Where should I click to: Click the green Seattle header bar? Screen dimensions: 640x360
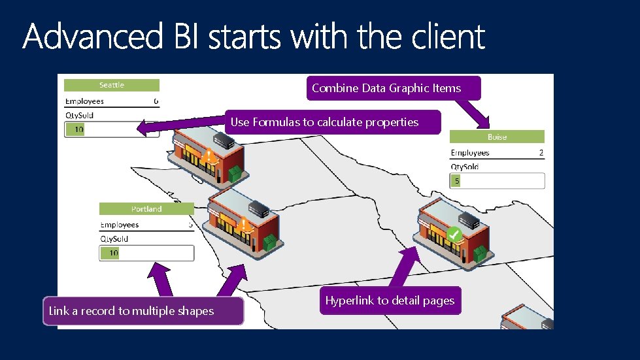112,85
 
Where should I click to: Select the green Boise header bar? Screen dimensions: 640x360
497,137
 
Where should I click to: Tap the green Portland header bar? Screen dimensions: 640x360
146,209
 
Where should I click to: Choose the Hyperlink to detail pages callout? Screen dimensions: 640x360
390,301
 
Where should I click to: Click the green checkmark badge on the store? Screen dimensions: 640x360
455,233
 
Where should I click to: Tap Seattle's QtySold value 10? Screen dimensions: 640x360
78,129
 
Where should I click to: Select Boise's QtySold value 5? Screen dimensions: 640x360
456,181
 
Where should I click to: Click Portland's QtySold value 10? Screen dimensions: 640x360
113,253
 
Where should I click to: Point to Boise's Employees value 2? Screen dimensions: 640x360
541,153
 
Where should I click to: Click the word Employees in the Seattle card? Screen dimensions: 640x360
84,101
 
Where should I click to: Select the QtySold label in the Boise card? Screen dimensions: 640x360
464,167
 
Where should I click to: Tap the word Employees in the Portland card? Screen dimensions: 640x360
120,225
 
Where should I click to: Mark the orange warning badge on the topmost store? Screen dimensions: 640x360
208,156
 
